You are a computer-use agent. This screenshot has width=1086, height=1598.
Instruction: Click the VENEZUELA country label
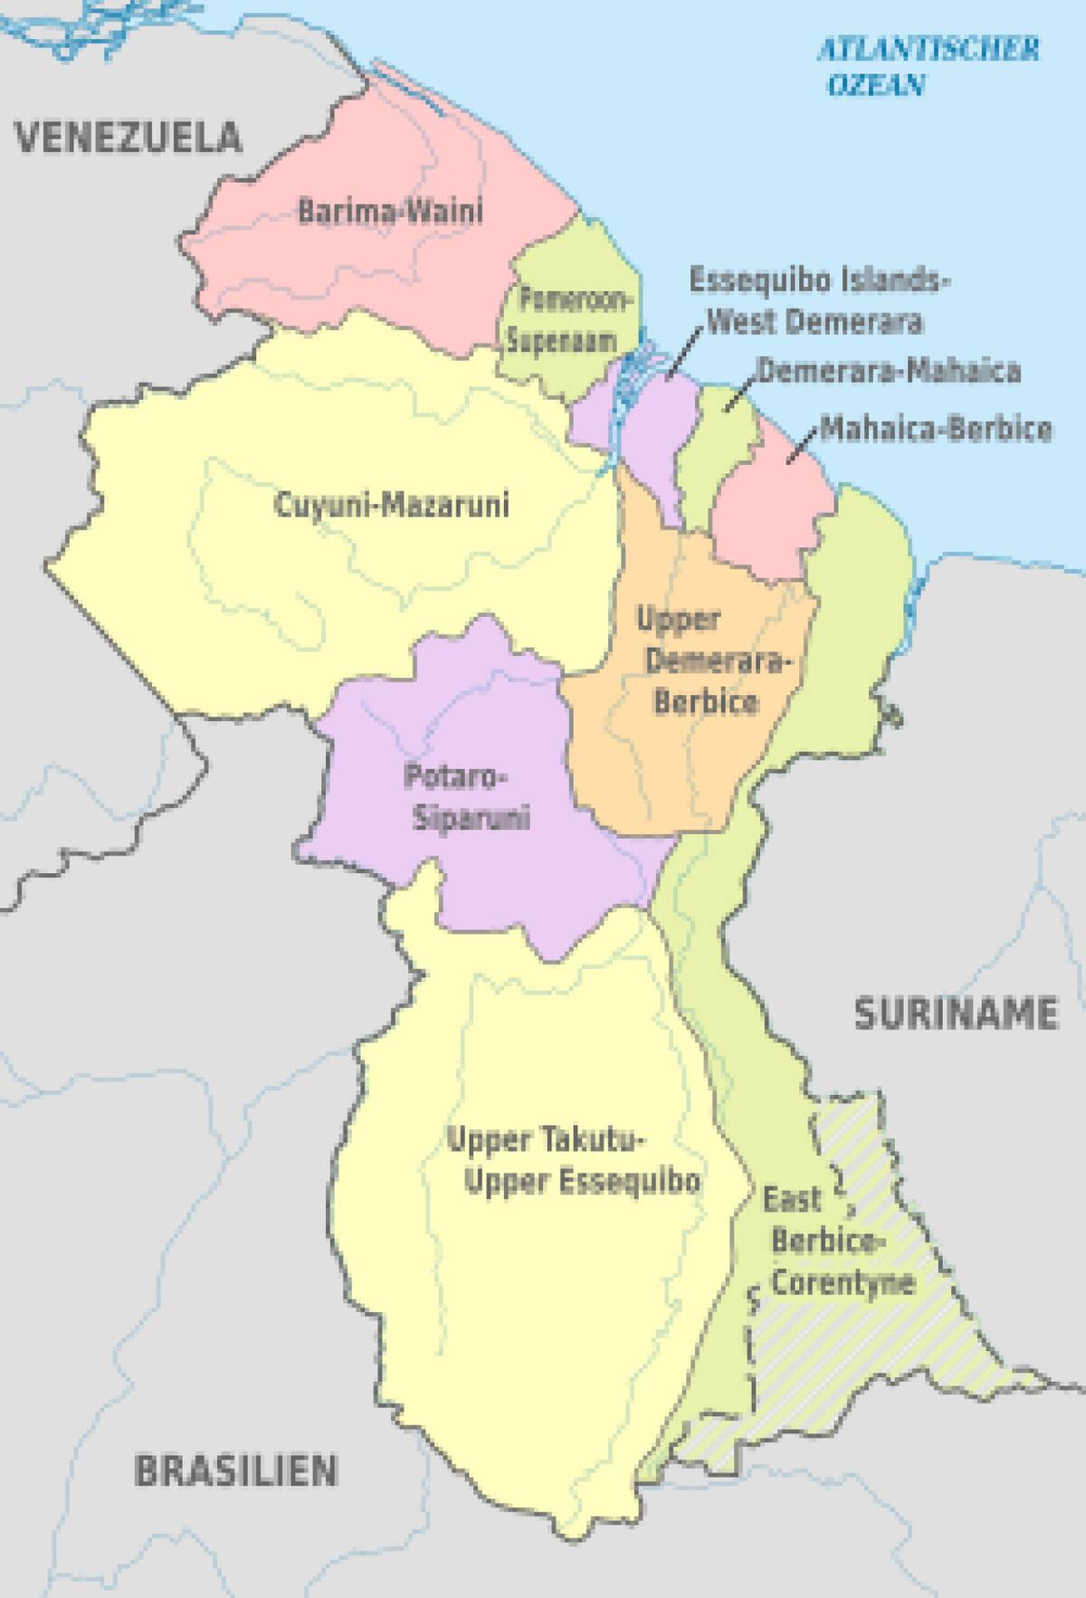pyautogui.click(x=129, y=138)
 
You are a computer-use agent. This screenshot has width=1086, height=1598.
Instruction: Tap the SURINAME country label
pyautogui.click(x=956, y=1013)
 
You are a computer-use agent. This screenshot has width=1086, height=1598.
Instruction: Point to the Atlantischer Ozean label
pyautogui.click(x=928, y=66)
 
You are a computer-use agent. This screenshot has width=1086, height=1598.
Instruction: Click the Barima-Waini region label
pyautogui.click(x=390, y=212)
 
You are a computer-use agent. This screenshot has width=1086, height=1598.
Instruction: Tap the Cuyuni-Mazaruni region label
pyautogui.click(x=391, y=504)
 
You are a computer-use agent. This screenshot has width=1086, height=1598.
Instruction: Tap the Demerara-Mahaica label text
pyautogui.click(x=888, y=371)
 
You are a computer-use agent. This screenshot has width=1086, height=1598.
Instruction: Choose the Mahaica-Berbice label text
pyautogui.click(x=936, y=428)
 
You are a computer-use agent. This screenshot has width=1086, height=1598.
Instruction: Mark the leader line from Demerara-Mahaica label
pyautogui.click(x=741, y=393)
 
